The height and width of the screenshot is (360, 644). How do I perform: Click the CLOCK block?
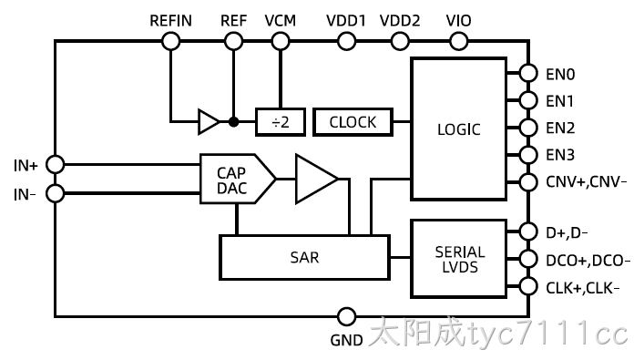(x=353, y=122)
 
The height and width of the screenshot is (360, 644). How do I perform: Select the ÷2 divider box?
(x=281, y=122)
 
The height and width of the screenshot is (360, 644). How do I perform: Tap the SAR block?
(x=304, y=258)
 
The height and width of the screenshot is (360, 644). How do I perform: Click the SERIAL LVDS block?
(x=459, y=259)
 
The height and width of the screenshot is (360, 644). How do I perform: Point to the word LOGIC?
(x=459, y=129)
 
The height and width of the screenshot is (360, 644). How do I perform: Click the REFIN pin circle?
(x=171, y=41)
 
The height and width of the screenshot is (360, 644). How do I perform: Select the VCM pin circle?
(x=281, y=41)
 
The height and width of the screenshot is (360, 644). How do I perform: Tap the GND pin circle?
(x=346, y=317)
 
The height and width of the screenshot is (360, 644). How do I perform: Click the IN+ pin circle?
(x=55, y=164)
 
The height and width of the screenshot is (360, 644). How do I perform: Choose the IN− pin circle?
(x=55, y=193)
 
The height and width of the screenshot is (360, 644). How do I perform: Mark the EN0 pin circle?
(x=528, y=74)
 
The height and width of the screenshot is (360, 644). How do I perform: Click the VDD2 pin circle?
(x=400, y=41)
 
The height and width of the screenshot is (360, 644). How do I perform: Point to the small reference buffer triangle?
(x=209, y=121)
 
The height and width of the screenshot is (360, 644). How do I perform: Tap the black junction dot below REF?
(x=234, y=121)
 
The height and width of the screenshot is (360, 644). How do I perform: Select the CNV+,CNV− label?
(x=586, y=181)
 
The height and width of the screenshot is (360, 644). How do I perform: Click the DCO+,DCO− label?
(x=588, y=261)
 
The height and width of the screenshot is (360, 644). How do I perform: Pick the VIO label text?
(x=458, y=21)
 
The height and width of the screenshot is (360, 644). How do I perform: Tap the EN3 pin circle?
(x=528, y=155)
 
